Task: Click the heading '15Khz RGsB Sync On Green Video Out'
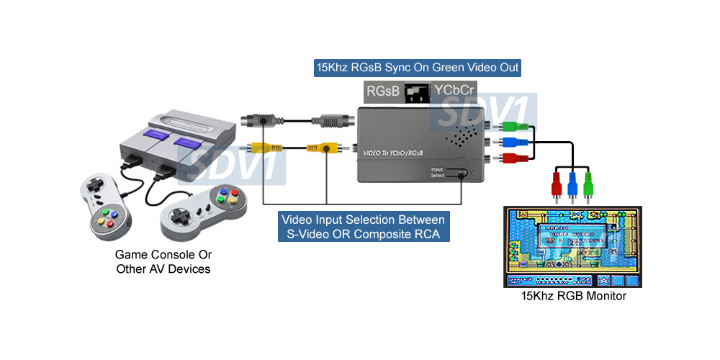(418, 68)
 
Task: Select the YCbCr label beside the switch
(454, 91)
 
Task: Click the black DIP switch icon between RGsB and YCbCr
(415, 93)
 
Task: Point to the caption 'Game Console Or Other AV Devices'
(163, 262)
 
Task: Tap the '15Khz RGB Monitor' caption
(573, 296)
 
